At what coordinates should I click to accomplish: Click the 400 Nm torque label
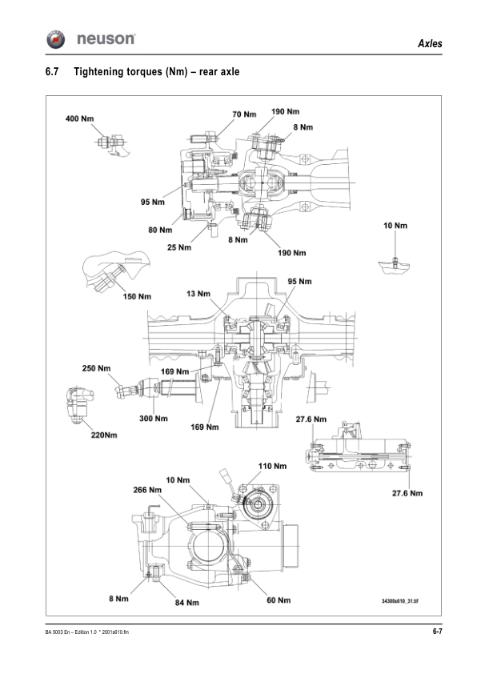click(79, 118)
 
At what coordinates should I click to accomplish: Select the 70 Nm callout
click(245, 114)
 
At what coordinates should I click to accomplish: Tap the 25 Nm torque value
click(180, 247)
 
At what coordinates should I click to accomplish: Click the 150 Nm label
click(137, 297)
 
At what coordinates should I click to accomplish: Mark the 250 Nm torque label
click(97, 368)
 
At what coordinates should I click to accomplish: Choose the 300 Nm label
click(153, 418)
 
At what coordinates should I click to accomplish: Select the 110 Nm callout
click(272, 465)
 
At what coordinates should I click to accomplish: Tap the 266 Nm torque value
click(146, 490)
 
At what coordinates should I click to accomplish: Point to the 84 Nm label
click(186, 602)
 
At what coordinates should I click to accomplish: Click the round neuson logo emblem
click(56, 39)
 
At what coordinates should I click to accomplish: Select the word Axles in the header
click(430, 43)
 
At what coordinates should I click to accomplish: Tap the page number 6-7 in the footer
click(437, 632)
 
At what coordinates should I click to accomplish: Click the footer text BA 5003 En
click(60, 633)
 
